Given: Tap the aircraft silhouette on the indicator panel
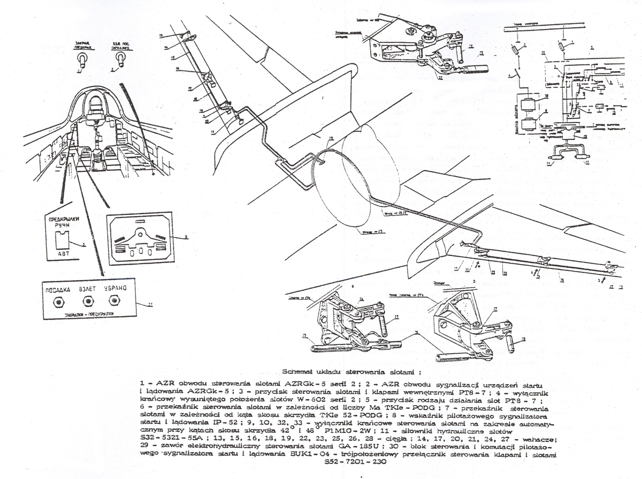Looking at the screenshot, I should [x=140, y=236].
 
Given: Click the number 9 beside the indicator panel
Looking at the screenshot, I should [x=185, y=236].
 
